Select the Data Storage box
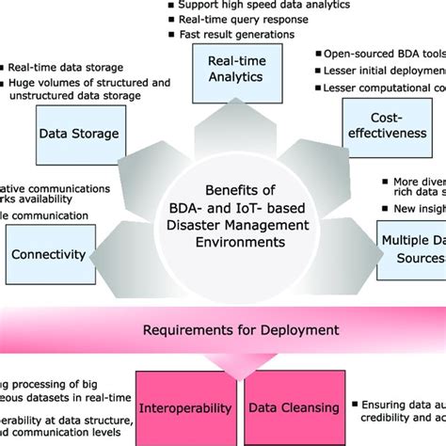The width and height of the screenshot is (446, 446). pyautogui.click(x=79, y=134)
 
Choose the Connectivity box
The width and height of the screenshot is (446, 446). pyautogui.click(x=48, y=254)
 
